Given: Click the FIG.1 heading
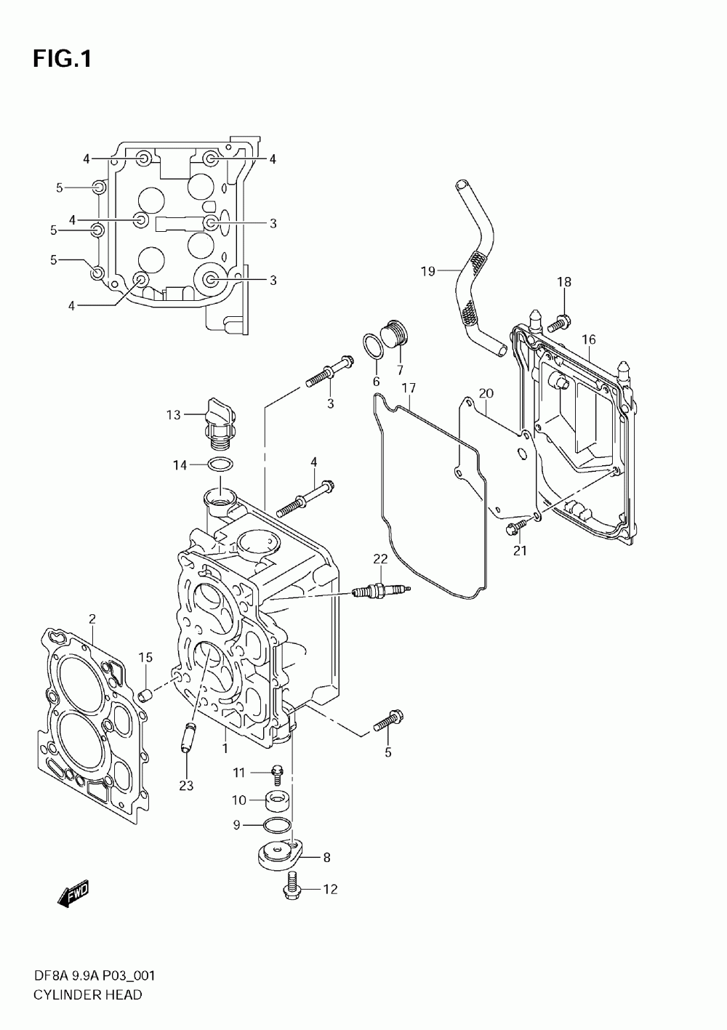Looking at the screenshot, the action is click(x=62, y=60).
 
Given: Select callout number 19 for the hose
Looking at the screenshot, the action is click(x=427, y=271).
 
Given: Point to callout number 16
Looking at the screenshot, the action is click(x=588, y=339).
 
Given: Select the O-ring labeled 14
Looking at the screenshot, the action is click(x=220, y=465).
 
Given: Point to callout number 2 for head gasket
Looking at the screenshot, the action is click(x=92, y=619).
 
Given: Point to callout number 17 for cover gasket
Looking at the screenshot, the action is click(x=409, y=387).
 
